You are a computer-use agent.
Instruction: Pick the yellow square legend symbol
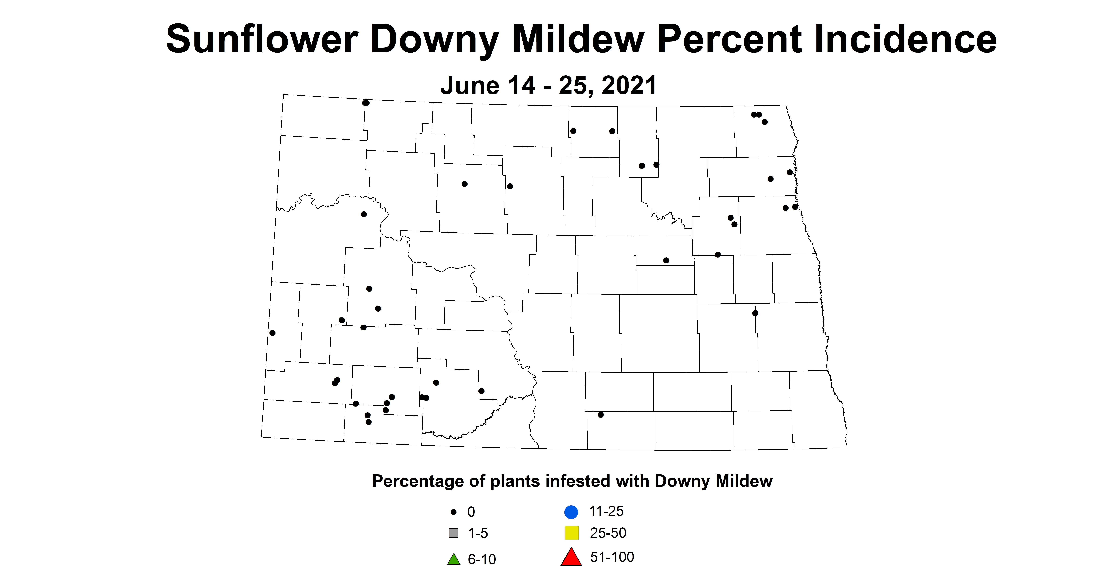coord(571,533)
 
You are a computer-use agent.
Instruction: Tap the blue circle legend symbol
coord(571,512)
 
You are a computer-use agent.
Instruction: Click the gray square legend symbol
coord(454,533)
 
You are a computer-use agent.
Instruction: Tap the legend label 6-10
coord(482,559)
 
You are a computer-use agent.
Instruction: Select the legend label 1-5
coord(478,533)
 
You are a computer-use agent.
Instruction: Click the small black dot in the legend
coord(454,512)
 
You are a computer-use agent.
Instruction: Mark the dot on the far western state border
coord(273,333)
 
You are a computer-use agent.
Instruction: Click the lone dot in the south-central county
coord(601,415)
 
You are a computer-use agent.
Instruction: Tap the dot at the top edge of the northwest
coord(366,103)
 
